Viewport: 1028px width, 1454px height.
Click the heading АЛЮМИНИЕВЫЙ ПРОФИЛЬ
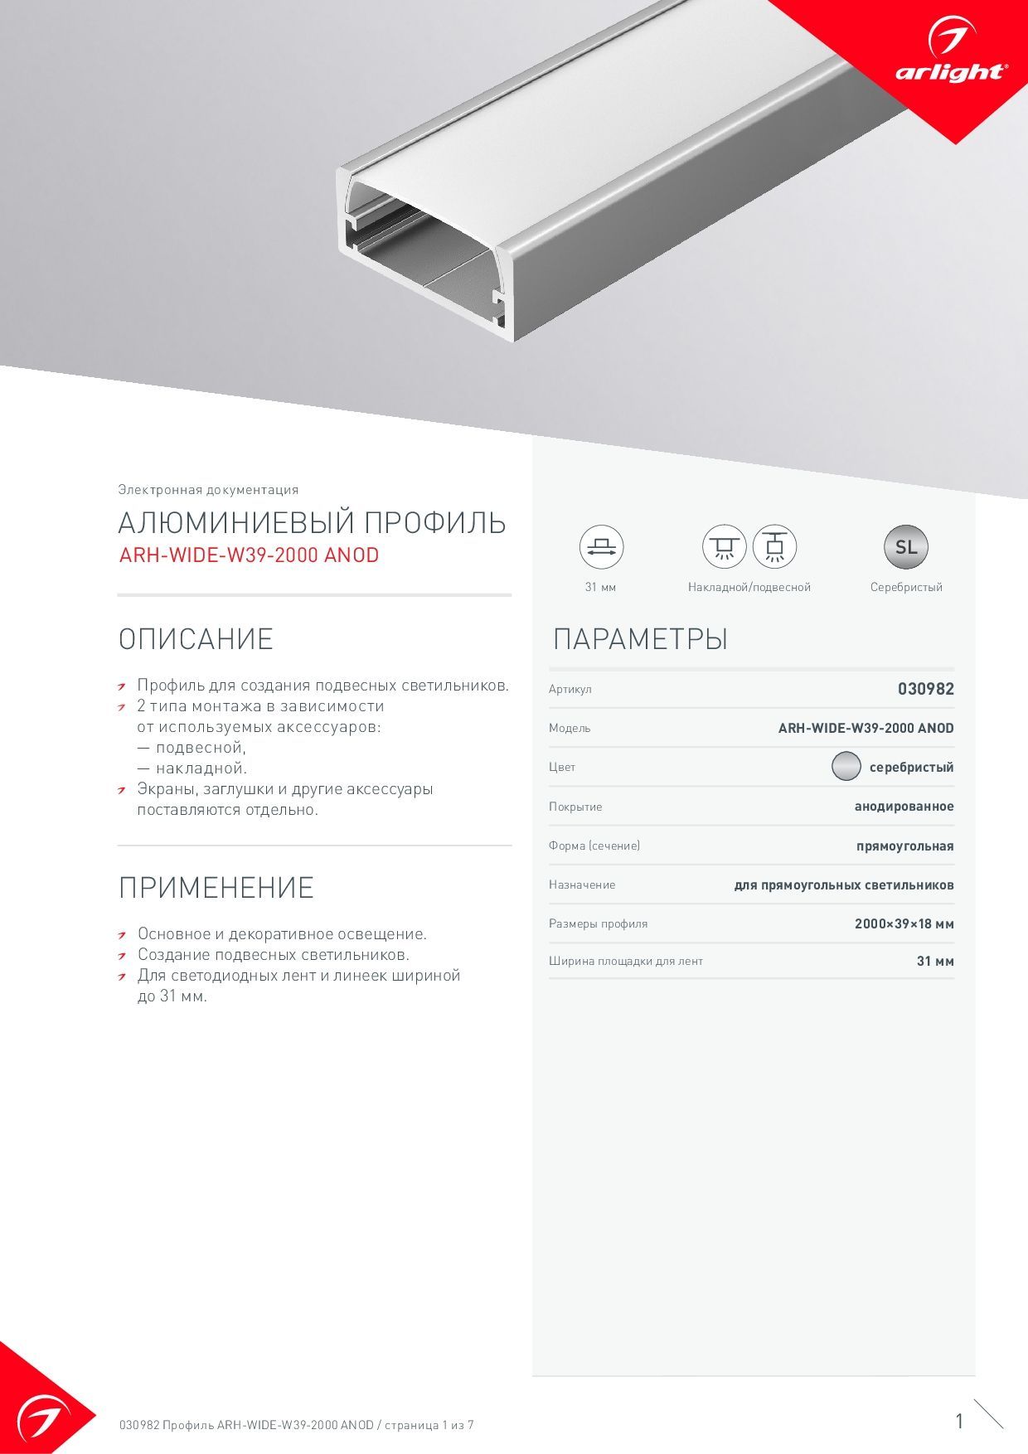tap(312, 523)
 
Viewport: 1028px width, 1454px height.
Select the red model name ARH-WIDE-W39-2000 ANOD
tap(249, 555)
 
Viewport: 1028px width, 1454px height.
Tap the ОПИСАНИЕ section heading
tap(196, 639)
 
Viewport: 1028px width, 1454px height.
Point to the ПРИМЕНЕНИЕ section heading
tap(216, 888)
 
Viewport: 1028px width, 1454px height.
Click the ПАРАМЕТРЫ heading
tap(640, 639)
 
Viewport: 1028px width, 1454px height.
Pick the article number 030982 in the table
tap(926, 689)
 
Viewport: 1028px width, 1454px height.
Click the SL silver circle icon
tap(906, 547)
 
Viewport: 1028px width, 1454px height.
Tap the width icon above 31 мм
tap(601, 547)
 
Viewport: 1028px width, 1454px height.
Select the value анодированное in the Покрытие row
tap(904, 807)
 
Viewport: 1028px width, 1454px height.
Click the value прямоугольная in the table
tap(904, 846)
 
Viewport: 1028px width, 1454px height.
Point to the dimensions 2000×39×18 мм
tap(904, 923)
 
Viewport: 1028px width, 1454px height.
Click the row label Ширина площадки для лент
tap(625, 962)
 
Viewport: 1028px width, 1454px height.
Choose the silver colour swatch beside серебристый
tap(846, 767)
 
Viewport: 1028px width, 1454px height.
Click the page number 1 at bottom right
tap(959, 1422)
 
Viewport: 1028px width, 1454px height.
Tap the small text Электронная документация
tap(208, 490)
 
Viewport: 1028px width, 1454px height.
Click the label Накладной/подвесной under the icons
tap(749, 587)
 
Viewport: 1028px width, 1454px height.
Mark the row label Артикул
tap(570, 690)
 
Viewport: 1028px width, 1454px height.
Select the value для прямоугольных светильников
tap(843, 885)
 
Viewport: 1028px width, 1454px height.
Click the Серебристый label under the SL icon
tap(906, 587)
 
